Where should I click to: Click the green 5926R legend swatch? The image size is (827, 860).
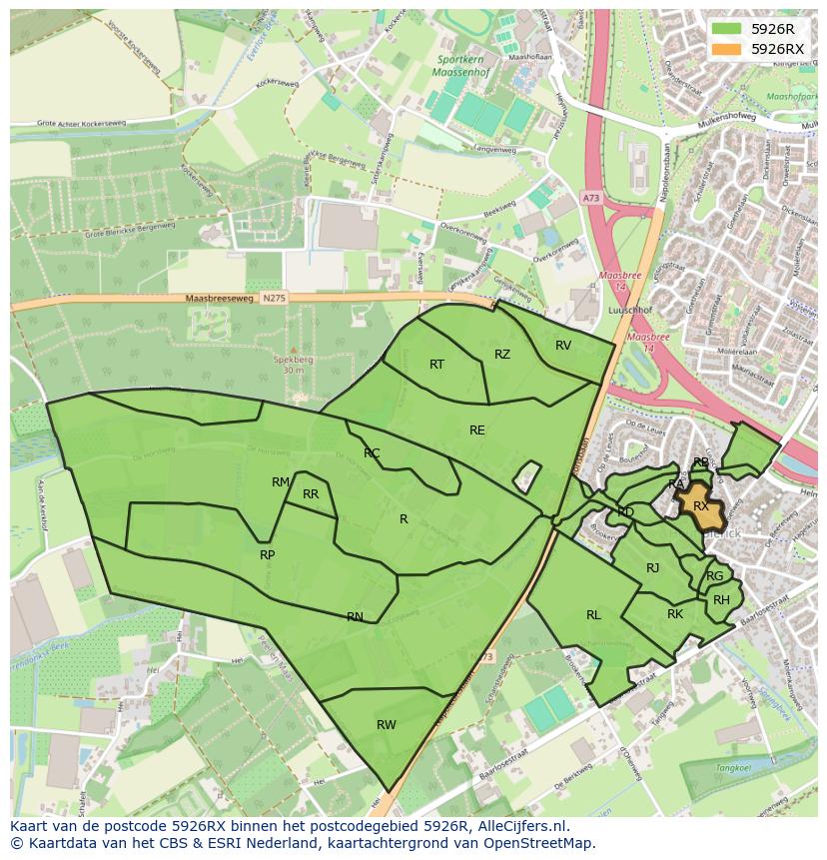pos(727,29)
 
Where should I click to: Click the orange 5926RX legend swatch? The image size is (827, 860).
pos(727,48)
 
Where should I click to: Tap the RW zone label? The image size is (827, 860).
pos(387,725)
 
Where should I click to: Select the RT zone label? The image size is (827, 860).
pos(436,365)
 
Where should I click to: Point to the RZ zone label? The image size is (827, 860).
pos(502,355)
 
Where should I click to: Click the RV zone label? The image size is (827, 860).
pos(563,346)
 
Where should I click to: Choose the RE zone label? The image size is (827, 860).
pos(477,430)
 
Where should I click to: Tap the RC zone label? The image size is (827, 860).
pos(372,453)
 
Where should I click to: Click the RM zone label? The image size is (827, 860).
pos(281,482)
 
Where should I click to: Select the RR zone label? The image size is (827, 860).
pos(311,494)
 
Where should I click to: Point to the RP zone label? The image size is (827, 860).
pos(267,555)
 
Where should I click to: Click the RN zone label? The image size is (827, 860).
pos(355,617)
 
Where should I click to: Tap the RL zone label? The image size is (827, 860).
pos(593,615)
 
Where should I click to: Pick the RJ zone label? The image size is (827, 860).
pos(653,568)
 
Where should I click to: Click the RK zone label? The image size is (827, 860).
pos(675,614)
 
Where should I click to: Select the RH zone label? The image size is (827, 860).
pos(721,600)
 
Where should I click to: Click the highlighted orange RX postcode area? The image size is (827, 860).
pos(699,505)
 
